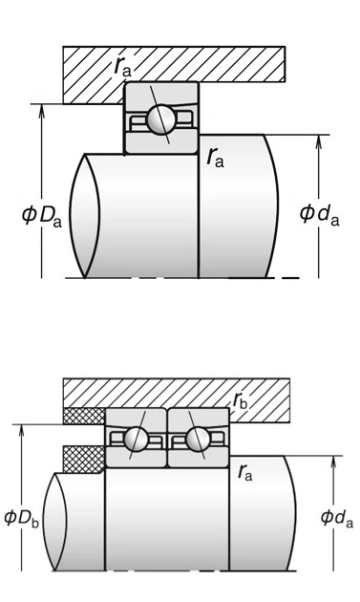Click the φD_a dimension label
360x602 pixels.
41,216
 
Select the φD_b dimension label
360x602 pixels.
22,518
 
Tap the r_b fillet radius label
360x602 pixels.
241,400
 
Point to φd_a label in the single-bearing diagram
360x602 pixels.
319,214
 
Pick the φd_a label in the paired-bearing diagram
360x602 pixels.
336,518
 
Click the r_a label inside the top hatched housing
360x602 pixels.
122,67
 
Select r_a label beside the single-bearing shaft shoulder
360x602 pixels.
215,157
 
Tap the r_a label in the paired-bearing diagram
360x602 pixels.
244,472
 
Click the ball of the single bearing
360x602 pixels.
161,119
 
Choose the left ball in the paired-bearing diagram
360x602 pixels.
136,438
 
